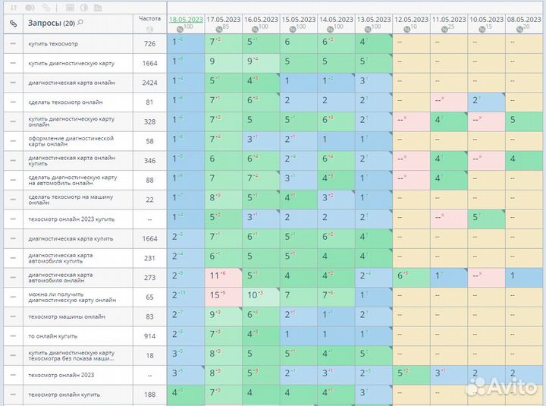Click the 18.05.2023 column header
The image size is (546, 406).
[185, 19]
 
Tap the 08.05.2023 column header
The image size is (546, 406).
[523, 19]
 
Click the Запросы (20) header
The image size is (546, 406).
[51, 23]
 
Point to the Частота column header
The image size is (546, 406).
[150, 18]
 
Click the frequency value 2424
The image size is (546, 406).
[149, 83]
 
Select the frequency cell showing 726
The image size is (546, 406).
[149, 44]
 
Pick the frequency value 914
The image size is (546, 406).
[149, 335]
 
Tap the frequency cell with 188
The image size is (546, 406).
[149, 394]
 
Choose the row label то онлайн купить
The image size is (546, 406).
[52, 335]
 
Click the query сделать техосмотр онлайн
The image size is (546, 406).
[65, 102]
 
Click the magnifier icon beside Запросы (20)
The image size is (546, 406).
[80, 23]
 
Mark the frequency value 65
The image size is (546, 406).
[149, 297]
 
